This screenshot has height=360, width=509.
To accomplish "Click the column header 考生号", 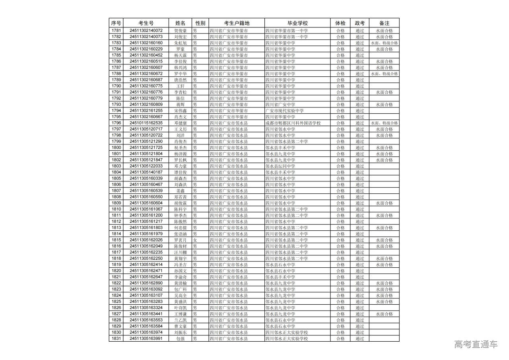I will pos(146,23).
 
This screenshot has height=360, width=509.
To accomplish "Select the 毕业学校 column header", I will pos(297,23).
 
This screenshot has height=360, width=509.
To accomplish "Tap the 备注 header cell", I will pos(384,23).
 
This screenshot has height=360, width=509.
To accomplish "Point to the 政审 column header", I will pos(359,23).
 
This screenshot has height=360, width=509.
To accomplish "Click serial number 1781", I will pos(116,31).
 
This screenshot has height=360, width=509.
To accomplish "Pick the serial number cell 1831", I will pos(116,339).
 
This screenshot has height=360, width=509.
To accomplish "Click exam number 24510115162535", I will pos(146,123).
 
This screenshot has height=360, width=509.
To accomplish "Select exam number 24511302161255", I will pos(146,111).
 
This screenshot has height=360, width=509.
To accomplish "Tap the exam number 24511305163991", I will pos(146,339).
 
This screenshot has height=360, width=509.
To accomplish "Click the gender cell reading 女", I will pos(195,240).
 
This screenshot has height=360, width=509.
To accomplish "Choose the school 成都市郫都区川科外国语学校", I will pos(293,123).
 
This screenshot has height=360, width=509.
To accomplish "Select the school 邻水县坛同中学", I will pos(280,166).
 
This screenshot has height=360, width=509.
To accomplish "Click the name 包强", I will pos(180,339).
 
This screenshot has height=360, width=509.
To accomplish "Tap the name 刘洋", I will pos(180,135).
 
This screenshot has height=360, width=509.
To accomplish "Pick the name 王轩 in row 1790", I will pos(180,86).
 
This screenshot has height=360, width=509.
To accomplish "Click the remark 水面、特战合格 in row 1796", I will pos(384,123).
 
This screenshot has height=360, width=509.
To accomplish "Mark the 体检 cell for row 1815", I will pos(340,240).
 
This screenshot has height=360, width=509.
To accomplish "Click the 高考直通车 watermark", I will pos(476,344).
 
